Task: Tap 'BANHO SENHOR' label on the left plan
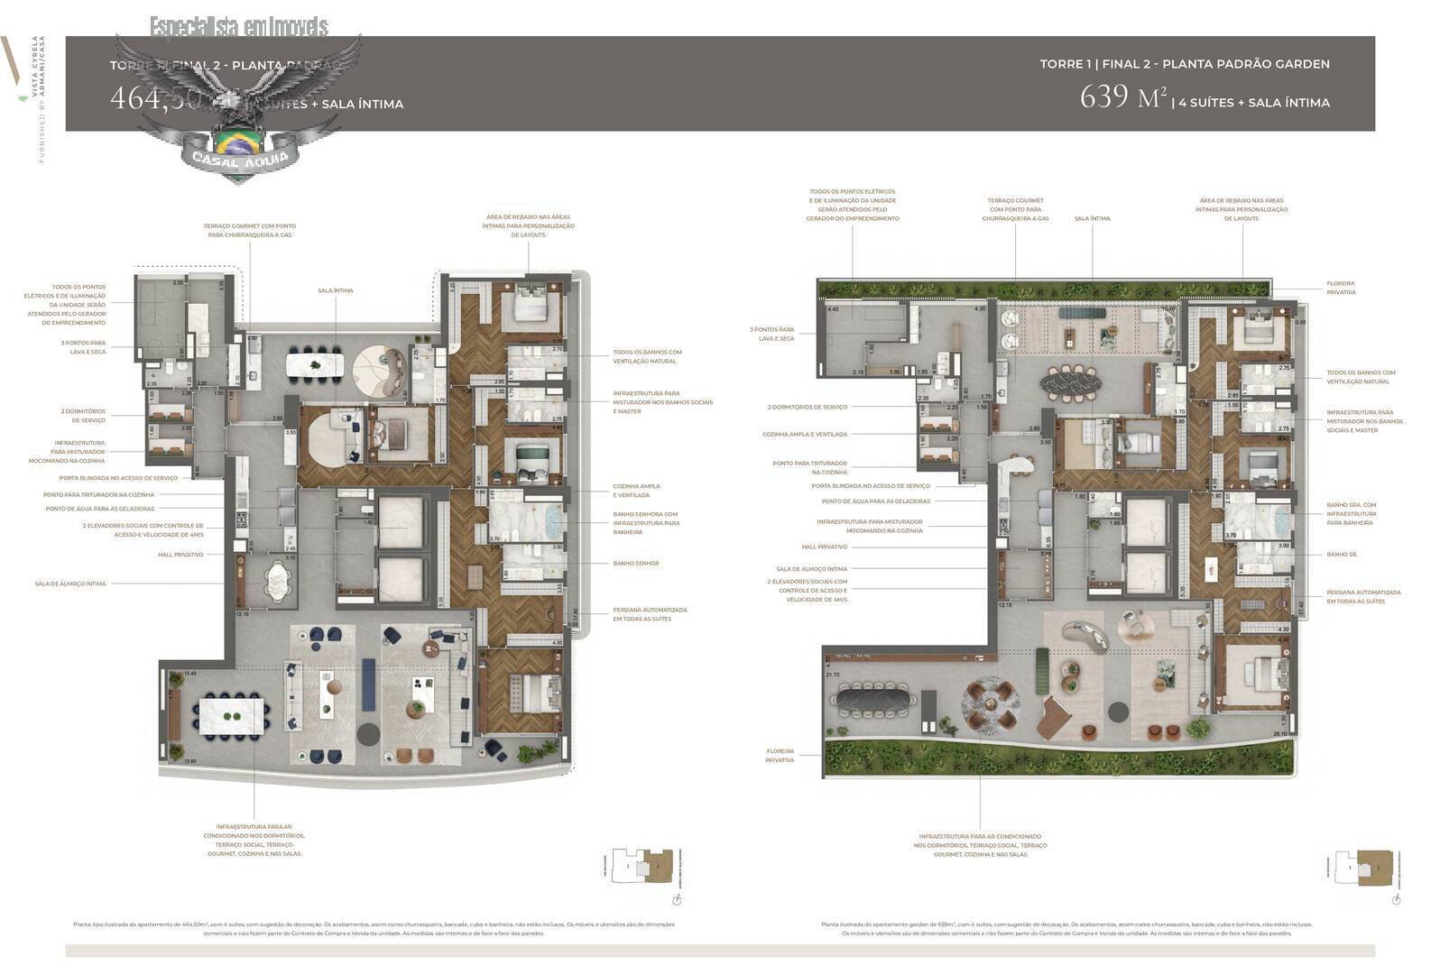[x=635, y=563]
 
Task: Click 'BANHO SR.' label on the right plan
[x=1342, y=555]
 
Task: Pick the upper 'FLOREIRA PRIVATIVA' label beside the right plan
[x=1340, y=288]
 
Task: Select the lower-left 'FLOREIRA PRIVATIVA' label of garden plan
[x=780, y=755]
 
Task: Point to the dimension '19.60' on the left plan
[x=189, y=761]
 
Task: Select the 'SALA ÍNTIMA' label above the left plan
[x=335, y=290]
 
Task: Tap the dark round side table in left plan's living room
[x=368, y=732]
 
